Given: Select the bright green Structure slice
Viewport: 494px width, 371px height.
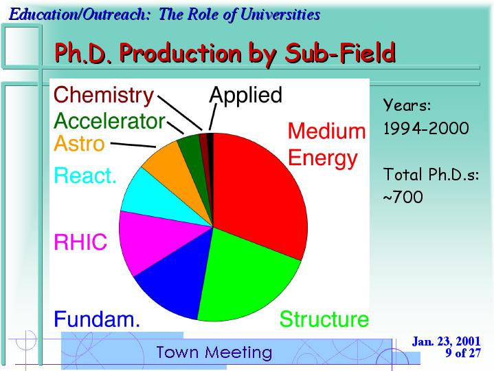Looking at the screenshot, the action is point(246,278).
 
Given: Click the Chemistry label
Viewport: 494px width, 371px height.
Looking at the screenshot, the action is point(104,95).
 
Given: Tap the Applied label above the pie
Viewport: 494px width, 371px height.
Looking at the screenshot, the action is point(245,95).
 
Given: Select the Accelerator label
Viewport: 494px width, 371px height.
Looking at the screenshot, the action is point(110,120).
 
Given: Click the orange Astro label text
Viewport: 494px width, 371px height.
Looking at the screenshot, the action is point(79,143).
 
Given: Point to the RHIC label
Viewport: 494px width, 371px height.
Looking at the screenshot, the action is point(80,242).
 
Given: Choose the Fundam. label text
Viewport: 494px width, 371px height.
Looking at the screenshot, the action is point(97,319).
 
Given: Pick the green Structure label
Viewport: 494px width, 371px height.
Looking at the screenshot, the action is point(324,319).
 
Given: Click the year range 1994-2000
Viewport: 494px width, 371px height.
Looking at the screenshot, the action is point(426,129).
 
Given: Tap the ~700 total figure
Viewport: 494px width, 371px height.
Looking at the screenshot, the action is point(403,197).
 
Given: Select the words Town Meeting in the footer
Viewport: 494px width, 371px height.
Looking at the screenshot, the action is point(214,352).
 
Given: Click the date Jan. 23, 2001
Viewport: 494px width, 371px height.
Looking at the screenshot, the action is point(446,341).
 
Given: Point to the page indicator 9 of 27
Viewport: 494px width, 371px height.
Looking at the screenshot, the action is point(463,352).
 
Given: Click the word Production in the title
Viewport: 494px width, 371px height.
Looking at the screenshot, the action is point(180,54).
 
